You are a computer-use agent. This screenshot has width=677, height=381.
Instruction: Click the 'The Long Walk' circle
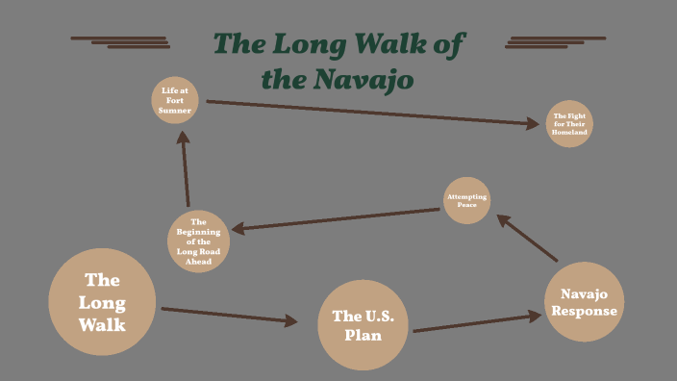click(x=102, y=302)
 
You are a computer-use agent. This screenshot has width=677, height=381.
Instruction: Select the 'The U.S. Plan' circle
click(x=357, y=325)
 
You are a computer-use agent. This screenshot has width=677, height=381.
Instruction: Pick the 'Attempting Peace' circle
click(x=467, y=200)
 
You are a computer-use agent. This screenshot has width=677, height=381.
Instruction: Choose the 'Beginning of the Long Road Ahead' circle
click(x=199, y=241)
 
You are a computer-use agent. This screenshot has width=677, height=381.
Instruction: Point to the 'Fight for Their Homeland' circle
click(x=568, y=124)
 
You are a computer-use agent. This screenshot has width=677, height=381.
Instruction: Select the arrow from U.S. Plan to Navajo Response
click(x=477, y=322)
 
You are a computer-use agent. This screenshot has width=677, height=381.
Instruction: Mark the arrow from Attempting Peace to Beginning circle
click(x=336, y=219)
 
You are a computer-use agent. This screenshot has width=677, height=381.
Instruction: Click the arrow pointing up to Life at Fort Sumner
click(x=186, y=168)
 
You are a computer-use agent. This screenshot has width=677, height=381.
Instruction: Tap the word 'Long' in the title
click(x=310, y=44)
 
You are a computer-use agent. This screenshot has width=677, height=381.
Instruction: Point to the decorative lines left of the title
click(x=121, y=41)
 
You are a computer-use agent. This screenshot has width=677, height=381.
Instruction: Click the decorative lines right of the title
click(x=555, y=41)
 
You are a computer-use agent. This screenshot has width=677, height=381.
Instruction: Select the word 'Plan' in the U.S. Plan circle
click(x=357, y=336)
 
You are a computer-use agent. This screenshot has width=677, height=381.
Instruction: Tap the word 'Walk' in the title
click(x=397, y=44)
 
